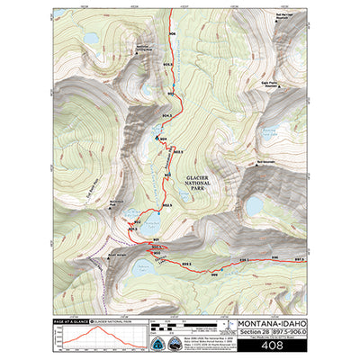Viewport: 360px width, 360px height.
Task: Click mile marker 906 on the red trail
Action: pyautogui.click(x=172, y=34)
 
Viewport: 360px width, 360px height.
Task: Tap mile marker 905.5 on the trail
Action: pyautogui.click(x=168, y=65)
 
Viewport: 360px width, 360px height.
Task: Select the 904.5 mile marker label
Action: pyautogui.click(x=166, y=117)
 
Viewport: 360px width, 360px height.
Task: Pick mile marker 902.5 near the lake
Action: pyautogui.click(x=137, y=220)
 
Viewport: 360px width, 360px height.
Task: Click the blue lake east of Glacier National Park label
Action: pyautogui.click(x=255, y=206)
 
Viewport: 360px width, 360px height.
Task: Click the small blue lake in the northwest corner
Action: pyautogui.click(x=92, y=40)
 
